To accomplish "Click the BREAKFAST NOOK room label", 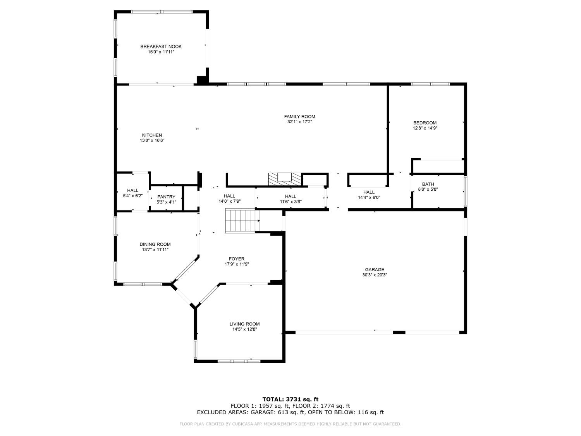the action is [x=161, y=47].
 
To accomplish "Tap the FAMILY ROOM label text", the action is [x=300, y=117].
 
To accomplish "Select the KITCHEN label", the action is [x=152, y=135].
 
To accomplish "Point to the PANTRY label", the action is [x=166, y=197].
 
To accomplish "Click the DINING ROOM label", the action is [x=155, y=244].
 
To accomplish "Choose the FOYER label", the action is [x=237, y=259].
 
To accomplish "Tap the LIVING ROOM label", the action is [x=244, y=324].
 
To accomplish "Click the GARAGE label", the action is [x=375, y=270].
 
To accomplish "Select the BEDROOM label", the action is [x=425, y=123].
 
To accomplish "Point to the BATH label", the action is [x=428, y=184].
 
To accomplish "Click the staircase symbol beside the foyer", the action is [x=242, y=221].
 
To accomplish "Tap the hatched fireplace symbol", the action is [x=285, y=179].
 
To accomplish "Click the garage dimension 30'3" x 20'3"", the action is [x=375, y=275].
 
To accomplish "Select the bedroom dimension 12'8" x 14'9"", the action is [x=425, y=128].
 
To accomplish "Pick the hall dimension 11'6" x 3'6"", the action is [x=290, y=202].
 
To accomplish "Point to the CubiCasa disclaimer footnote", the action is [x=290, y=424].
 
